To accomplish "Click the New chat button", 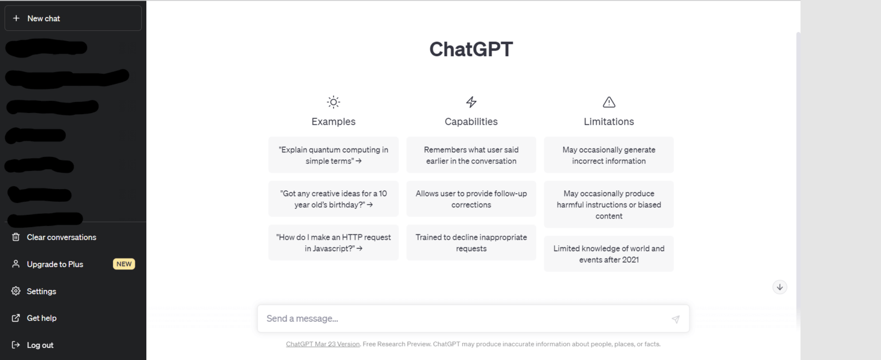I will [x=73, y=18].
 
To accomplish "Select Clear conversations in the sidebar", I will [x=61, y=237].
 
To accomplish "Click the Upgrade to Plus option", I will [x=55, y=264].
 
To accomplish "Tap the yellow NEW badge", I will [x=124, y=264].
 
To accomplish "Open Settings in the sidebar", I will [x=41, y=291].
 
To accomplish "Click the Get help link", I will [x=41, y=318].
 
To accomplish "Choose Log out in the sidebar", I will [x=40, y=345].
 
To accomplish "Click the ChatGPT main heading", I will [x=471, y=49].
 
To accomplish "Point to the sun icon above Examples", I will [x=333, y=103].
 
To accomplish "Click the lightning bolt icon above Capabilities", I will [x=471, y=103].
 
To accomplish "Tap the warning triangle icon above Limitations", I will [x=609, y=103].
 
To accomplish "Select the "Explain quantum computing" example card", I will [x=333, y=155].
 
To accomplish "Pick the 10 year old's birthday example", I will [x=333, y=199].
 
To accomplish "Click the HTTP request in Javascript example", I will [x=333, y=243].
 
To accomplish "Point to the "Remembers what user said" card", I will [x=471, y=155].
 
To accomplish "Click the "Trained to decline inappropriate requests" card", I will [x=471, y=243].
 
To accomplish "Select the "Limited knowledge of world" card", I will [x=609, y=254].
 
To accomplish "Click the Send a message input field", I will [x=459, y=319].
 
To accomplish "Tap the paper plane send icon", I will [x=676, y=319].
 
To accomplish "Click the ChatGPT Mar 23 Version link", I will [x=323, y=345].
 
